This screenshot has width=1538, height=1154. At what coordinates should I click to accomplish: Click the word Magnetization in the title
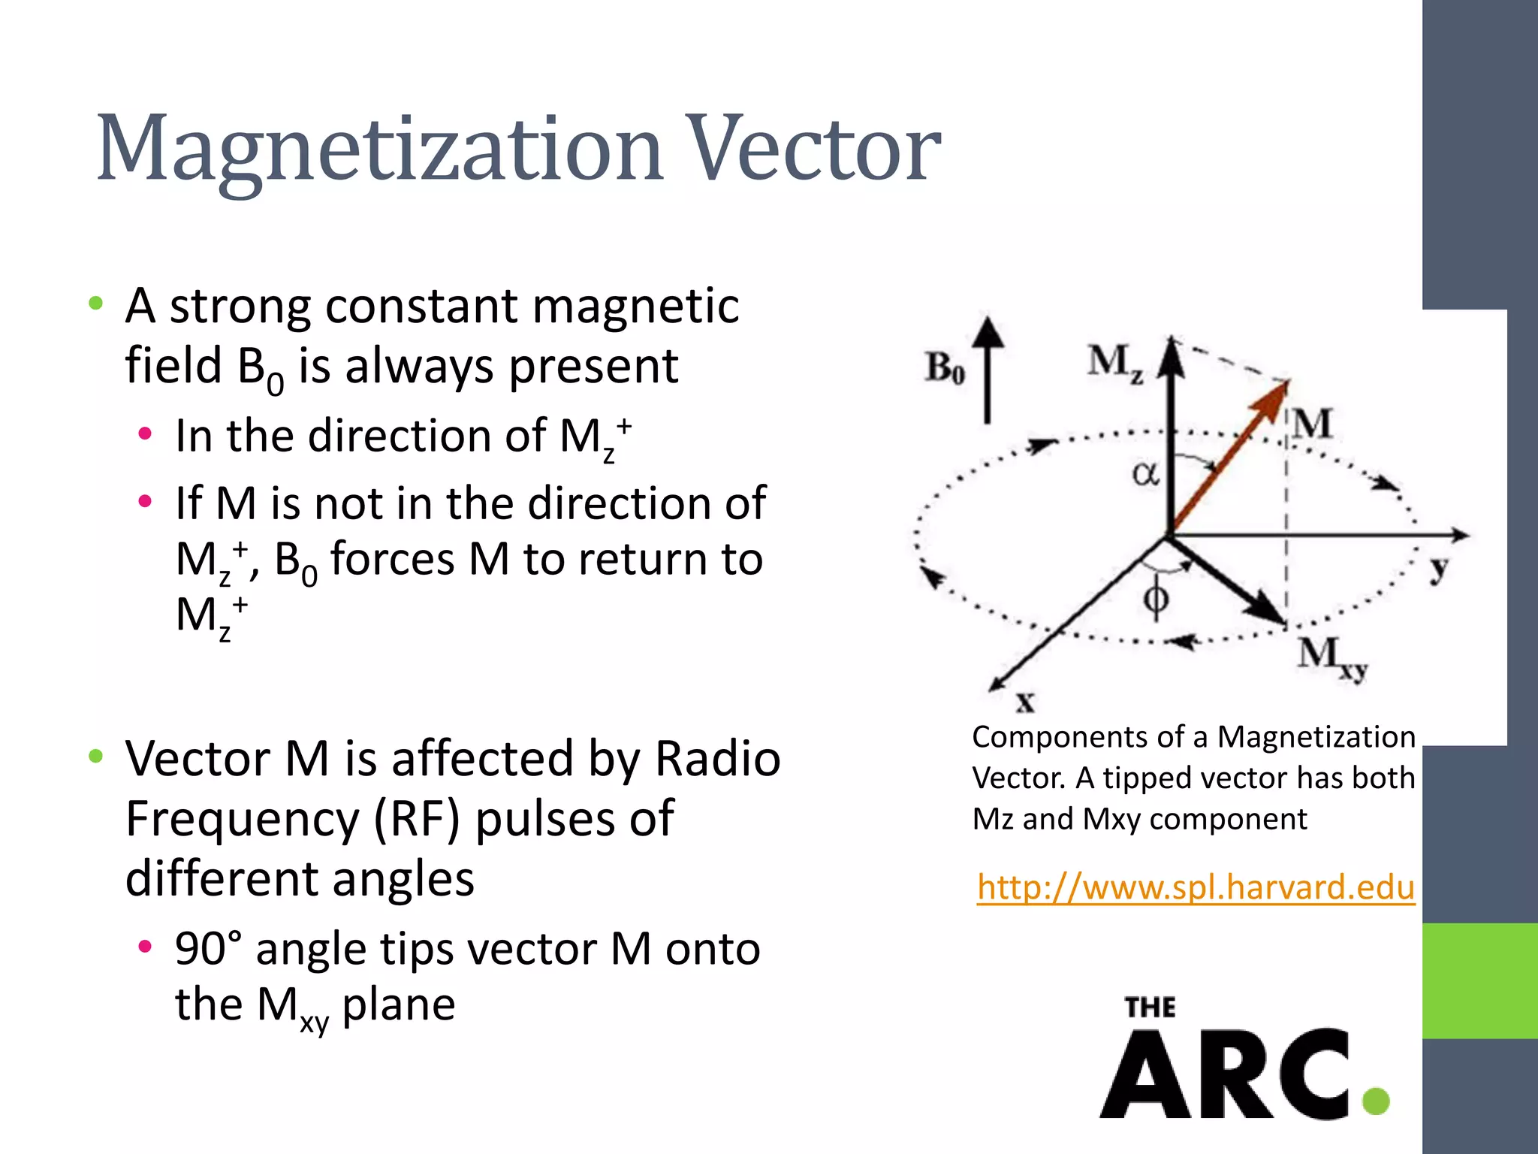[x=379, y=150]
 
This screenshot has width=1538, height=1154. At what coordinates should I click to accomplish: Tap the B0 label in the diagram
[x=944, y=369]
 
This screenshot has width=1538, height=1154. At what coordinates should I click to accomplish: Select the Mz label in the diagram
[x=1116, y=364]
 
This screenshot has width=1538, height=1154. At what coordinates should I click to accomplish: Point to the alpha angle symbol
[x=1145, y=474]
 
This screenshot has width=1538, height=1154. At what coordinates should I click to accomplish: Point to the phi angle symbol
[x=1156, y=599]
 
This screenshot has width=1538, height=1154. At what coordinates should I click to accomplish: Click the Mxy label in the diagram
[x=1332, y=657]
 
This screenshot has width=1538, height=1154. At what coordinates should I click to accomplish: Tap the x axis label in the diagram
[x=1025, y=702]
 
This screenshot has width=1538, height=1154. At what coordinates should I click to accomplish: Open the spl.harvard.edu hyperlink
[x=1196, y=887]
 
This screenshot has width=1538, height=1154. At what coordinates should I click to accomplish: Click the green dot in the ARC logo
[x=1376, y=1101]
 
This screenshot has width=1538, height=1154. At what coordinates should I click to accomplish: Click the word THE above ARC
[x=1150, y=1007]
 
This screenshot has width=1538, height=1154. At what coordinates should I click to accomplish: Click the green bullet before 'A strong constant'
[x=95, y=304]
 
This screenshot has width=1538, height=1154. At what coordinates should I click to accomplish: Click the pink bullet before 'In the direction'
[x=145, y=434]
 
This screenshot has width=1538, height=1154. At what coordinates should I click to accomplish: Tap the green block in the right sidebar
[x=1479, y=980]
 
